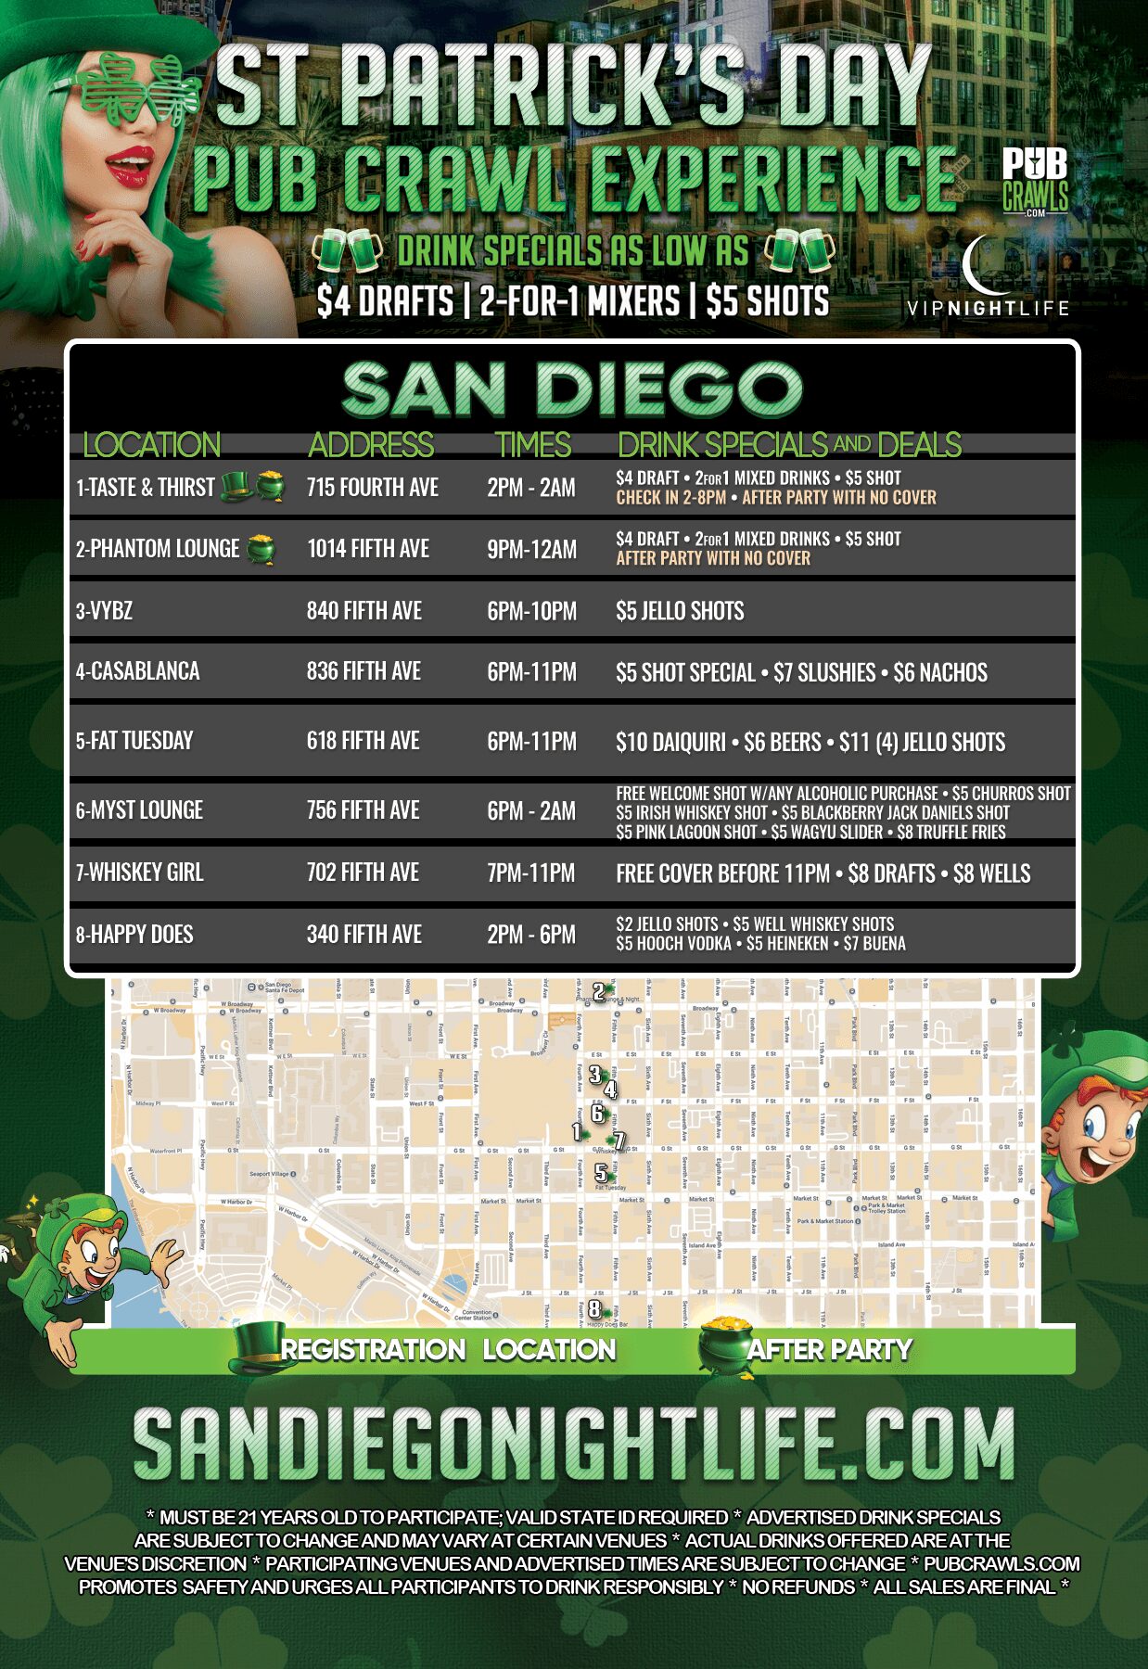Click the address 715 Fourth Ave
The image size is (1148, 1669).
372,488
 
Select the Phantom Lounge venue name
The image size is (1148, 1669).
157,549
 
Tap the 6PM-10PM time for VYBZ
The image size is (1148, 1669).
531,611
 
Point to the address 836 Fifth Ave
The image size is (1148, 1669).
364,671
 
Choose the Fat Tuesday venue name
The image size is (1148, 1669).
134,741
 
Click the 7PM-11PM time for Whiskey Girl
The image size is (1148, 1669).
530,873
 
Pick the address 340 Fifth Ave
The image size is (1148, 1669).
364,935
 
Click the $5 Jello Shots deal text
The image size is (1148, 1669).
680,611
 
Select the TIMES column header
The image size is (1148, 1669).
532,445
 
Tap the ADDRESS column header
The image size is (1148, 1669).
371,445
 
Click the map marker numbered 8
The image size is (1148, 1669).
594,1309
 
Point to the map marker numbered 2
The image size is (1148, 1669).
599,992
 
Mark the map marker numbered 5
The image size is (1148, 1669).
601,1173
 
